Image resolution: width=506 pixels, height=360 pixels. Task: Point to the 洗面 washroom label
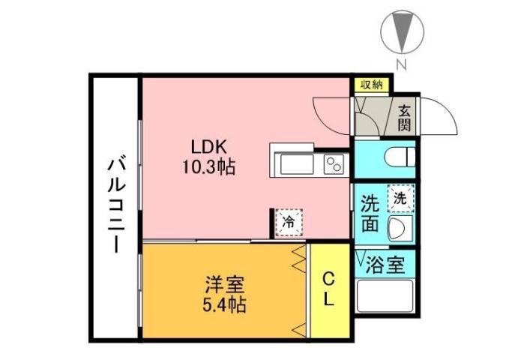tap(370, 214)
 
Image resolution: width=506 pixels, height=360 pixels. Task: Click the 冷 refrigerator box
tap(289, 221)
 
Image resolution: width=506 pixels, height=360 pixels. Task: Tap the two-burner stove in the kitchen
tap(334, 163)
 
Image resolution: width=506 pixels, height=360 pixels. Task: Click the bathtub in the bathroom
tap(385, 298)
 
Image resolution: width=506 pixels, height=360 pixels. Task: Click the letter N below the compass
tap(401, 65)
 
